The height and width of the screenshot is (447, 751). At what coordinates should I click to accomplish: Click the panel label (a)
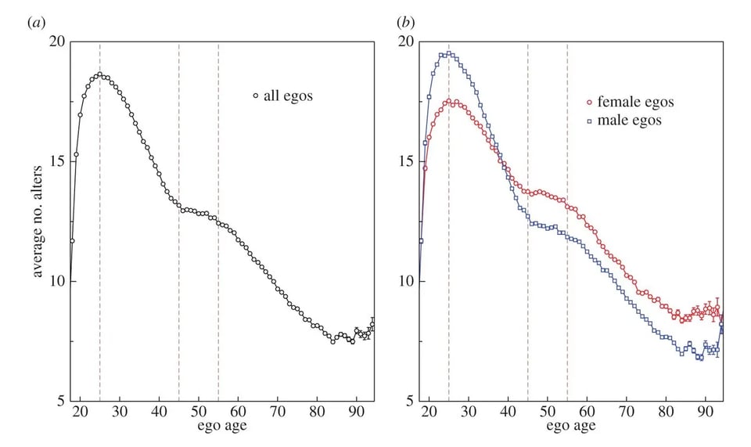coord(34,23)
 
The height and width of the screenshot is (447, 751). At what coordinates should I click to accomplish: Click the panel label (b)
coord(406,23)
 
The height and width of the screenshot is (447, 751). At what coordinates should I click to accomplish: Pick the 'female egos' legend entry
coord(630,102)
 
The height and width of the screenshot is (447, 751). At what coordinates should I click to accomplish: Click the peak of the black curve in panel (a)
coord(99,74)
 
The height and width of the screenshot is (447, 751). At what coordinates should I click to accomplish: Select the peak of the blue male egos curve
coord(448,53)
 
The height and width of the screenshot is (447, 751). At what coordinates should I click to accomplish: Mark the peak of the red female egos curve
coord(450,101)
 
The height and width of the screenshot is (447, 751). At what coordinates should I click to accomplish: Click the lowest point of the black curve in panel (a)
coord(332,342)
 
